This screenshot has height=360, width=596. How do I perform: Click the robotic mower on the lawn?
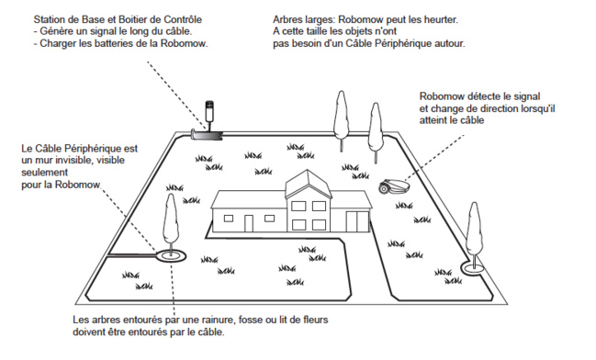click(x=394, y=186)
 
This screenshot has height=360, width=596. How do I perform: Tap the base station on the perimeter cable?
click(x=207, y=134)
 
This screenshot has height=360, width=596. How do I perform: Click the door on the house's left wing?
click(x=249, y=223)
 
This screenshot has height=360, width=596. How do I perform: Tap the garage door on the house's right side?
click(x=357, y=221)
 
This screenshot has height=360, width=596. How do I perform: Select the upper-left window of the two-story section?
click(x=298, y=206)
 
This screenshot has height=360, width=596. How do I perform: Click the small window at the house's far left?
click(x=229, y=219)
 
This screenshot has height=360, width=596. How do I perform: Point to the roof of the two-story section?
click(x=309, y=185)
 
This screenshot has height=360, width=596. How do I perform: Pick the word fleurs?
click(x=315, y=320)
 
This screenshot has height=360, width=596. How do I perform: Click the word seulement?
click(x=44, y=173)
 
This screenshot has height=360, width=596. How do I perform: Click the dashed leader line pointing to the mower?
click(x=434, y=157)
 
